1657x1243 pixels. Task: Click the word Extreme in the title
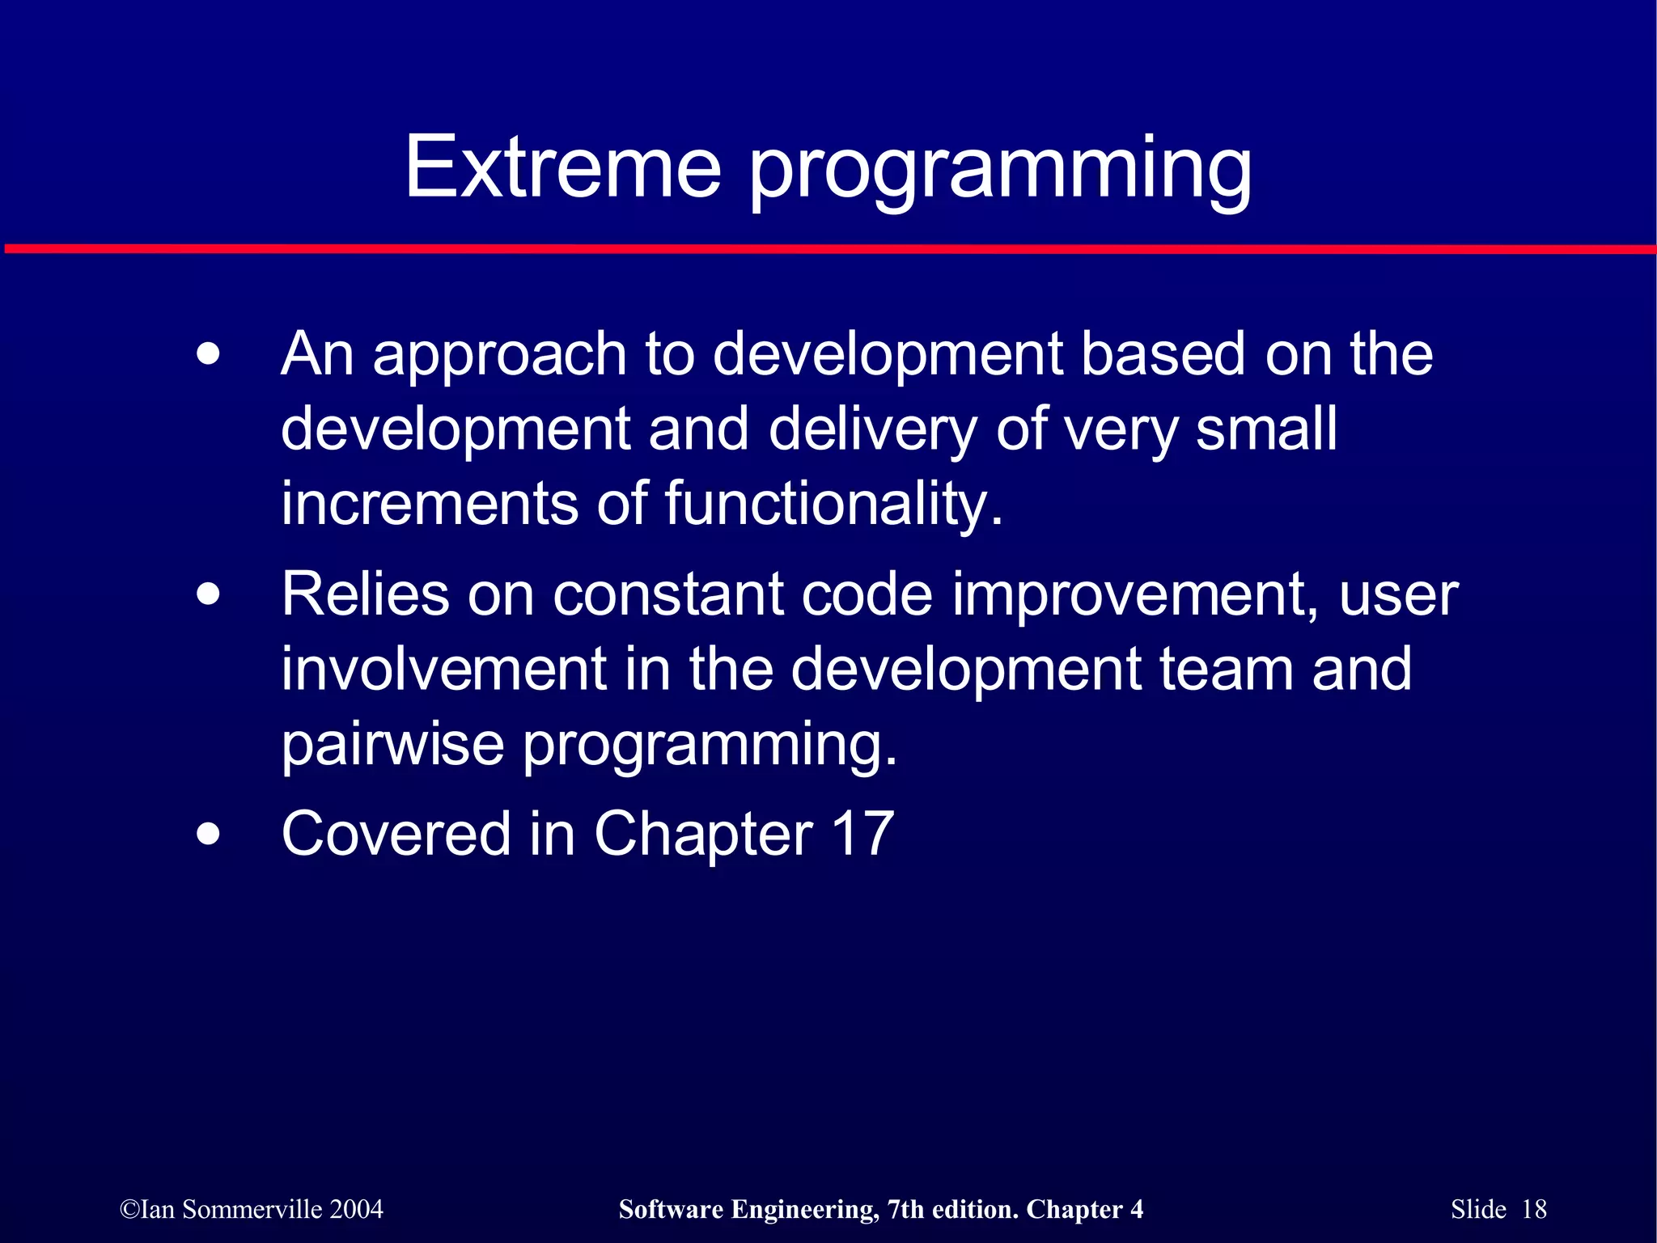pos(562,167)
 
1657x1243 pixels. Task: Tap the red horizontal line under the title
pos(828,249)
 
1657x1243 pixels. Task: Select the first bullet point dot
pos(208,354)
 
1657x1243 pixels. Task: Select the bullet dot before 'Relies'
pos(208,595)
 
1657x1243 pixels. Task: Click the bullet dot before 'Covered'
pos(208,834)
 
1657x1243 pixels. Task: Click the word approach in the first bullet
pos(499,356)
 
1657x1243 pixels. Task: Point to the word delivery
pos(872,430)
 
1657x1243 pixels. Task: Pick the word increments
pos(429,504)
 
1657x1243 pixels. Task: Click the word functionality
pos(833,505)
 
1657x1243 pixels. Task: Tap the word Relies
pos(364,595)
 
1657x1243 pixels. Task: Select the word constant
pos(667,595)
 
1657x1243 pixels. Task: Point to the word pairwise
pos(392,745)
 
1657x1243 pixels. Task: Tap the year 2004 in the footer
pos(356,1210)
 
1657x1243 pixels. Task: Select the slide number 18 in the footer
pos(1534,1210)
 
